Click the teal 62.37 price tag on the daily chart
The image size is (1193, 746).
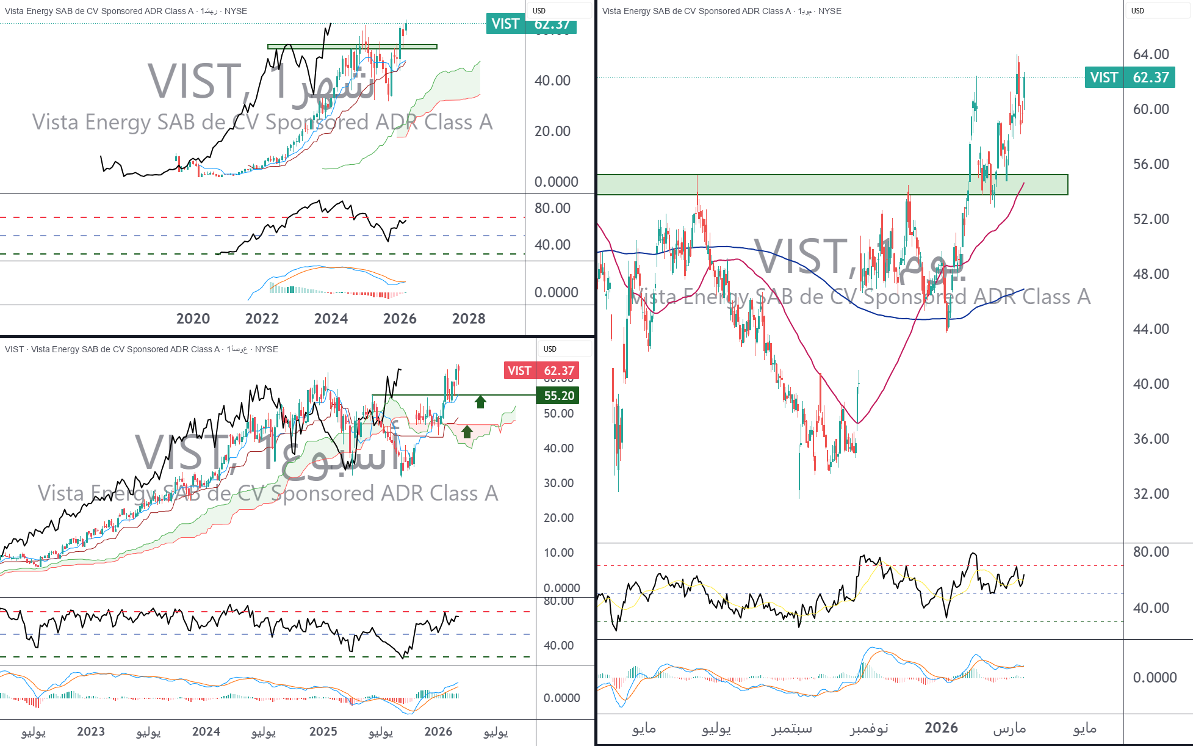coord(1130,78)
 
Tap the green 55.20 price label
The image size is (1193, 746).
coord(558,396)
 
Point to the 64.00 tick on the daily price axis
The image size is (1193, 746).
coord(1151,54)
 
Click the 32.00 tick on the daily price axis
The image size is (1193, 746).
coord(1151,493)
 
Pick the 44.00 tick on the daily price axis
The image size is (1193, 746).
coord(1151,329)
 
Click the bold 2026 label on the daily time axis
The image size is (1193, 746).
coord(941,728)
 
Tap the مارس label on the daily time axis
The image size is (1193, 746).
coord(1009,728)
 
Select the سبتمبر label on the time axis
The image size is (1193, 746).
coord(791,728)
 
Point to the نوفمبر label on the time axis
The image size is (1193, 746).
coord(869,728)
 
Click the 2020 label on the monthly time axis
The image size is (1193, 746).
coord(193,319)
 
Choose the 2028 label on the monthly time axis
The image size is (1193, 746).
coord(469,319)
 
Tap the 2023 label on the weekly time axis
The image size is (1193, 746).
coord(91,731)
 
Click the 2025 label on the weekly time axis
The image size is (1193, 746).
coord(323,731)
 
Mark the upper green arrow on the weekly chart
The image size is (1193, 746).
coord(480,402)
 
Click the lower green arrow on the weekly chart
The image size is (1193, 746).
coord(467,432)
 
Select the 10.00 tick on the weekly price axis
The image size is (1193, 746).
coord(558,552)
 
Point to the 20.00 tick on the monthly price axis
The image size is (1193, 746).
coord(552,131)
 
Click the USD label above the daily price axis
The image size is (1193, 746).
coord(1137,11)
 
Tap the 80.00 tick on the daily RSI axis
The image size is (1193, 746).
coord(1151,552)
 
